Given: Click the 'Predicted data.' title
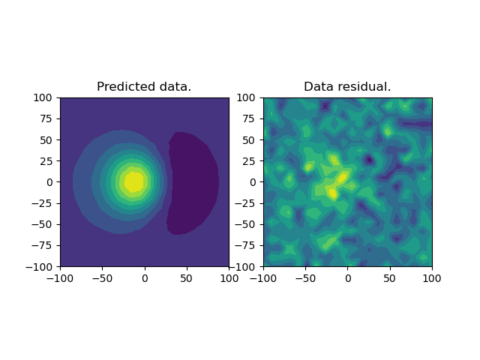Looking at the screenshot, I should pos(144,87).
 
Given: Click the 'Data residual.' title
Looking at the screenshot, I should pos(347,87).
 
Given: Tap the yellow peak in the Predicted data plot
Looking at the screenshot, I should pos(133,181).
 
